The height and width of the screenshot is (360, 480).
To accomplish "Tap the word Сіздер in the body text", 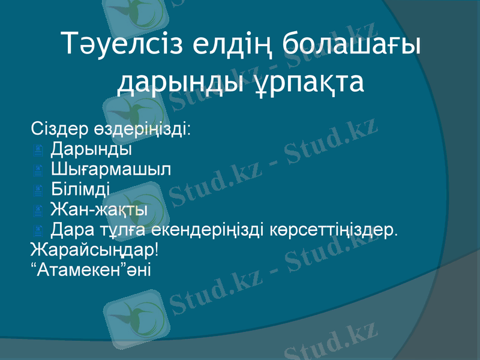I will [x=59, y=129].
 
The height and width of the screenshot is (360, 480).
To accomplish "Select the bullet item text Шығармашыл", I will [x=110, y=169].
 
